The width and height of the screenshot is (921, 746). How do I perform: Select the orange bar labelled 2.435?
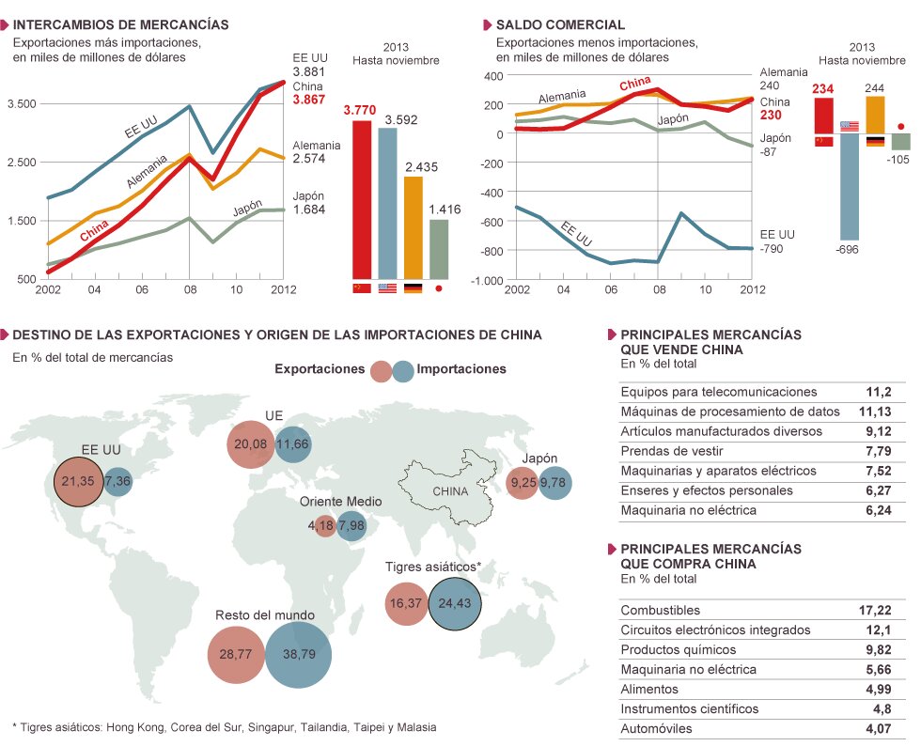(413, 226)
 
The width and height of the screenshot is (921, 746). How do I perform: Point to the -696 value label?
(848, 249)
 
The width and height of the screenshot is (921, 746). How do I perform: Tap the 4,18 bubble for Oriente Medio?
(324, 526)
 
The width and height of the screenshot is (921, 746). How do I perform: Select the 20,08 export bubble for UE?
(250, 443)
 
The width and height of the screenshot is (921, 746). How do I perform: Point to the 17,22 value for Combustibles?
(875, 610)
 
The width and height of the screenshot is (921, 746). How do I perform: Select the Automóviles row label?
(657, 728)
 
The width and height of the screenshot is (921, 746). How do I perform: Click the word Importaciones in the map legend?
(460, 369)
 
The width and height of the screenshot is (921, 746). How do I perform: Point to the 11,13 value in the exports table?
(875, 412)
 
